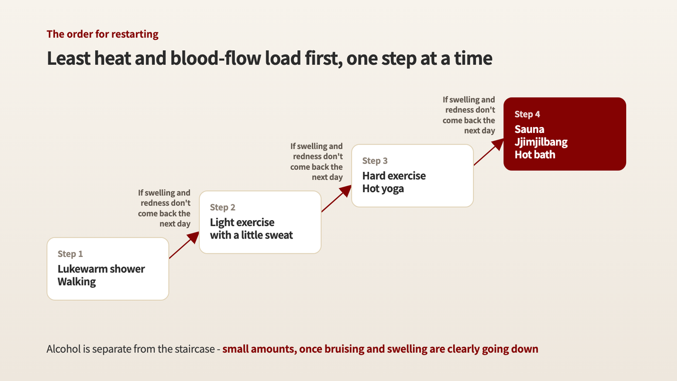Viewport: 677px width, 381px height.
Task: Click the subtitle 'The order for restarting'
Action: coord(103,34)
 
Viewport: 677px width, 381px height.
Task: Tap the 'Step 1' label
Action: coord(70,254)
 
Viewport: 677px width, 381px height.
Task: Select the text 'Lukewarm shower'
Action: coord(101,269)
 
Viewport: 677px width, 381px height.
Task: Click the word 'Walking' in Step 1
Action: coord(77,282)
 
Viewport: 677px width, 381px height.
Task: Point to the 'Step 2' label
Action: coord(223,207)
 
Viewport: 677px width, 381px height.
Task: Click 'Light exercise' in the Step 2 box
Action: coord(242,222)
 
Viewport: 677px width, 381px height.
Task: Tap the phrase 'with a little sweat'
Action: coord(251,235)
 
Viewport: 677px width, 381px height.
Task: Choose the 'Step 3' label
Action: coord(375,160)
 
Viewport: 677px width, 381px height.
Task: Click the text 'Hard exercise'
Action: coord(394,176)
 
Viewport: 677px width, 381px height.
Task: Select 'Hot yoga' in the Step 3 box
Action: coord(383,189)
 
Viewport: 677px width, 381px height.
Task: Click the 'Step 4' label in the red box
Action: coord(527,114)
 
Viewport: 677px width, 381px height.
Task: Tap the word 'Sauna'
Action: coord(529,129)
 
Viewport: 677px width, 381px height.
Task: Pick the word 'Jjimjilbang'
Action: coord(541,142)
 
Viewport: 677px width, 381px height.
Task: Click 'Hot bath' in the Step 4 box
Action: coord(535,154)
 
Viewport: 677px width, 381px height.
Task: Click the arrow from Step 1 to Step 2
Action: coord(184,245)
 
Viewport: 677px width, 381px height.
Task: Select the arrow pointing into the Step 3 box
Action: coord(337,199)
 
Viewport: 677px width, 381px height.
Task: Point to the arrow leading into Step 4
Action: coord(489,152)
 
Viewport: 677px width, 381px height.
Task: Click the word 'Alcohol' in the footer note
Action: coord(64,349)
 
